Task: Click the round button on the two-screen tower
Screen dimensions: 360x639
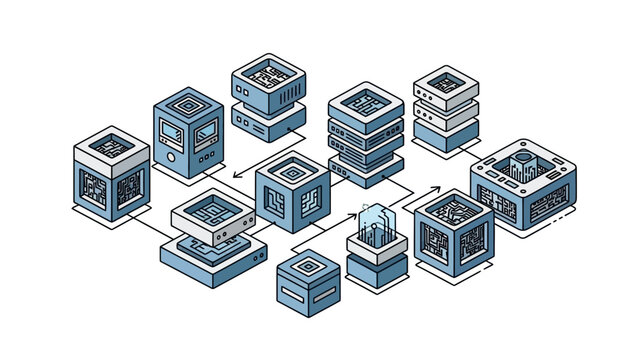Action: point(174,158)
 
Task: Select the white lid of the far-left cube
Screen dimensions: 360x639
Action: point(111,145)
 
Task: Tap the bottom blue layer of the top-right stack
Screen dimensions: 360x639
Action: point(446,132)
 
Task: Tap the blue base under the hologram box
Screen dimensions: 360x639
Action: point(376,269)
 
